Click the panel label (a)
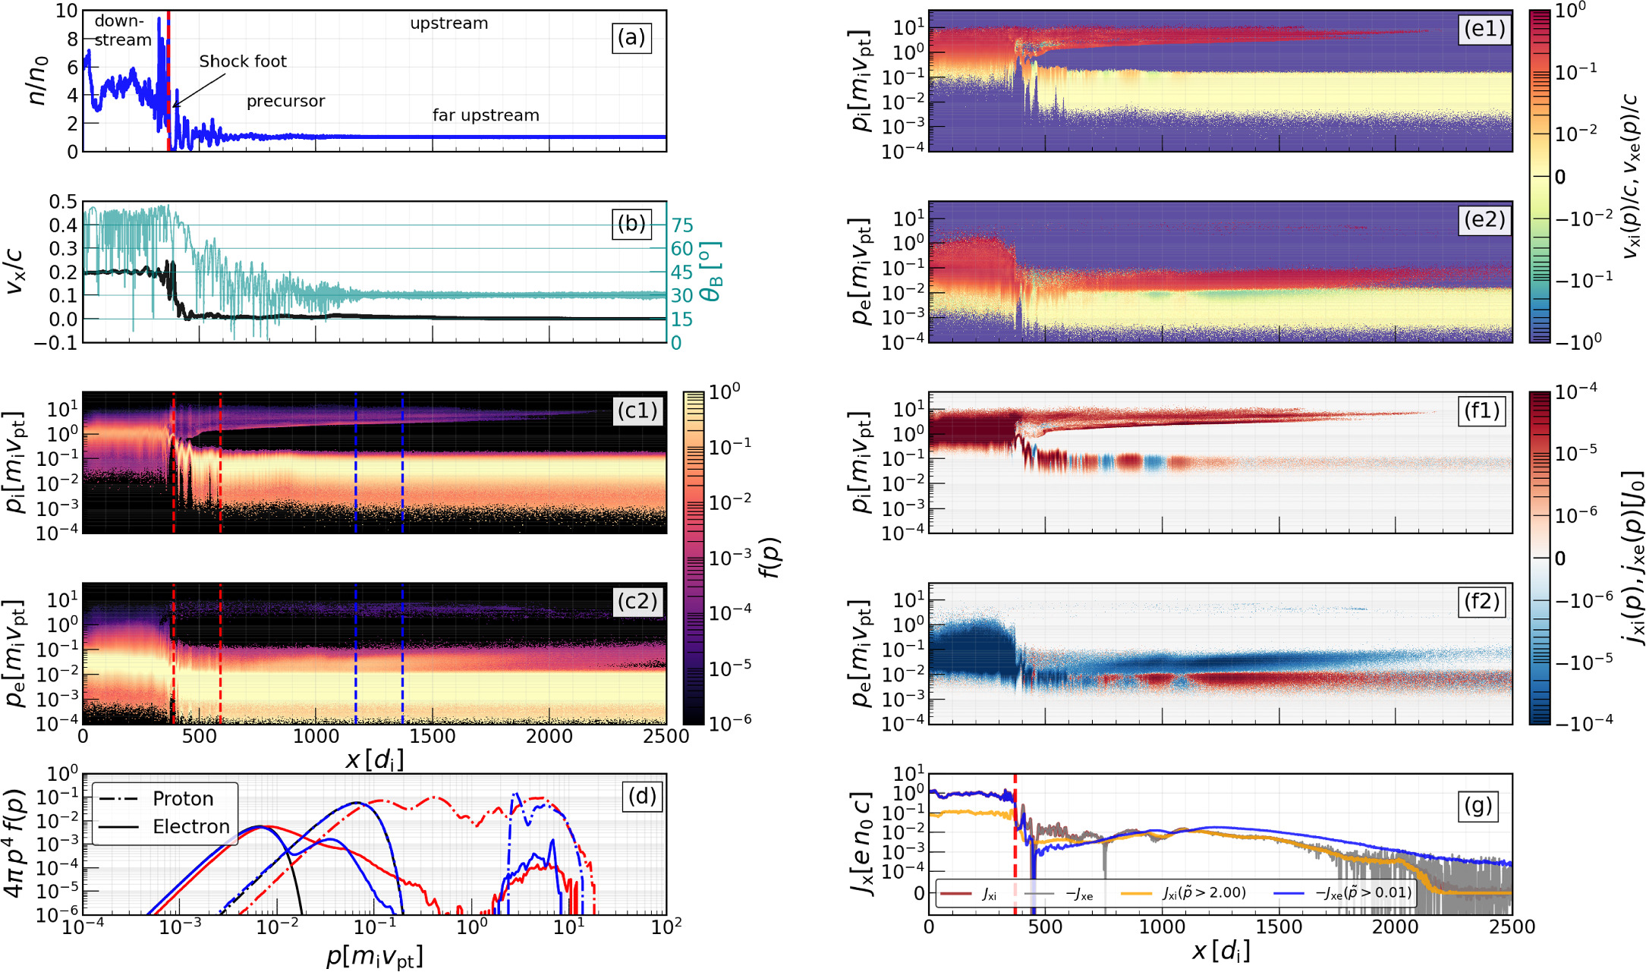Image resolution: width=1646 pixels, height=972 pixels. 631,37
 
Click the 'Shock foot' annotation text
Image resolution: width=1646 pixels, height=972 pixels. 243,61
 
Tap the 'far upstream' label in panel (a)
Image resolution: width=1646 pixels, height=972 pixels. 486,115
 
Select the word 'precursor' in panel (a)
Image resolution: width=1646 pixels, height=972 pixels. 285,102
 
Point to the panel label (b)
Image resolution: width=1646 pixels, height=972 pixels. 631,223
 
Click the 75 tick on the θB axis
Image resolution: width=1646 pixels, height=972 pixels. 681,225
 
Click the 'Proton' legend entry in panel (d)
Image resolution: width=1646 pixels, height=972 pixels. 183,799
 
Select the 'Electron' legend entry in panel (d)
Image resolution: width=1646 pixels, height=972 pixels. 190,827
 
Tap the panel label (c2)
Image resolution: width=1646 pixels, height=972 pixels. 637,602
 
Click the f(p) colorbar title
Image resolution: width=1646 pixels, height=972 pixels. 771,558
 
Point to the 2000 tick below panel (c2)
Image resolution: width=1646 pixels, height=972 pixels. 549,737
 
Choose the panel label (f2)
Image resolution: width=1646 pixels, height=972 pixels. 1481,602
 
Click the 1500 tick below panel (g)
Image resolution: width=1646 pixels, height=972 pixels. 1279,927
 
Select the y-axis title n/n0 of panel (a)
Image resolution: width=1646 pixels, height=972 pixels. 36,80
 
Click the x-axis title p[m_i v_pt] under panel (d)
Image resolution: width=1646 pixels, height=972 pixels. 374,957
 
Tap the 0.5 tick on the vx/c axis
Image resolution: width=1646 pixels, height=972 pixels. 63,202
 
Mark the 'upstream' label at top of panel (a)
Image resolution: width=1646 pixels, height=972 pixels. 448,24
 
